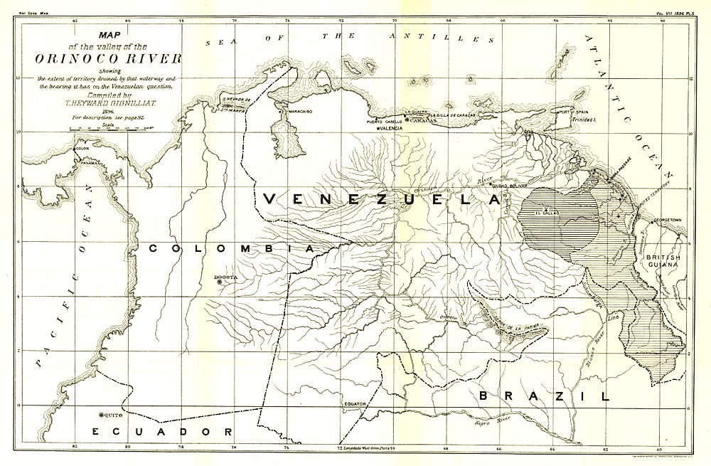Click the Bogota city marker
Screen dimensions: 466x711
(x=219, y=282)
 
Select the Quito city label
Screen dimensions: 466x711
(x=114, y=414)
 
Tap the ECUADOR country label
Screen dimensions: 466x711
(x=163, y=432)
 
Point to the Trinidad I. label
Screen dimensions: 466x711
(x=584, y=120)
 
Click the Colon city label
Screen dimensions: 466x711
(x=84, y=149)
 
